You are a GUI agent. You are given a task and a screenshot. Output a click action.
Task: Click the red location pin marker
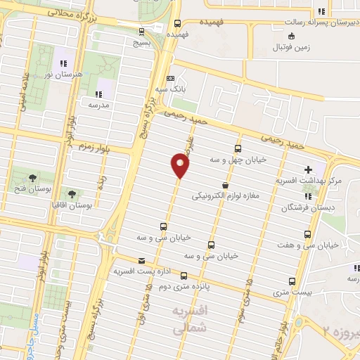[x=181, y=166]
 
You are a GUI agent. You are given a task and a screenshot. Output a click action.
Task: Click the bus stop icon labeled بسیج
[x=143, y=32]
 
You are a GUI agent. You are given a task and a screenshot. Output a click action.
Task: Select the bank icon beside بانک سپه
[x=169, y=78]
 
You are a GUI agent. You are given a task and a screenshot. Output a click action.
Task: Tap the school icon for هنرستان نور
[x=61, y=53]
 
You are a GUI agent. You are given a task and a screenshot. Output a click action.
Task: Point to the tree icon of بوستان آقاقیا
[x=72, y=193]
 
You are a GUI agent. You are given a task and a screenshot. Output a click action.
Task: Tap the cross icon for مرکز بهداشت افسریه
[x=308, y=169]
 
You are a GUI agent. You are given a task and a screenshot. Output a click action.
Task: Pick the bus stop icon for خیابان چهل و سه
[x=238, y=149]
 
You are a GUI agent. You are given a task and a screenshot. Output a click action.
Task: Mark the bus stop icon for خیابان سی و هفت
[x=307, y=233]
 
